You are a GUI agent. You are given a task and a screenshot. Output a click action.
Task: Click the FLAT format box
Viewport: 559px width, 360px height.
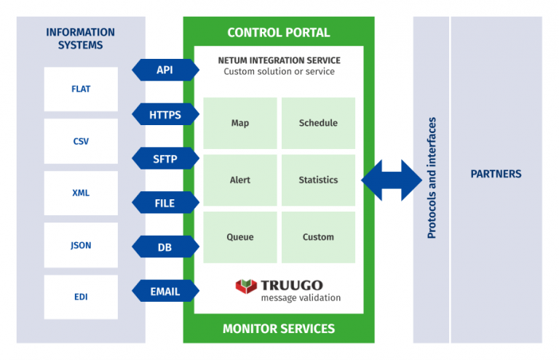(x=81, y=89)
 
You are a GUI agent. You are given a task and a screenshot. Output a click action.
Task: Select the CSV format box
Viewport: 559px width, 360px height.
(x=81, y=142)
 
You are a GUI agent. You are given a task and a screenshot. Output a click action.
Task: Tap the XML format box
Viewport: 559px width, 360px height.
(x=81, y=193)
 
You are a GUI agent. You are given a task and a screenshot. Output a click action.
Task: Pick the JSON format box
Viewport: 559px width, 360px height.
(x=81, y=245)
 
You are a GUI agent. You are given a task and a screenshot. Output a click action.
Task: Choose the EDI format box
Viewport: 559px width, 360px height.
(x=81, y=297)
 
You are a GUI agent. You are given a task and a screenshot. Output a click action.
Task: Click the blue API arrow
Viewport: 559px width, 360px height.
(x=165, y=70)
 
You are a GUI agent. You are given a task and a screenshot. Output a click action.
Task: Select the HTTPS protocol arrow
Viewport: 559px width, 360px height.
(x=165, y=115)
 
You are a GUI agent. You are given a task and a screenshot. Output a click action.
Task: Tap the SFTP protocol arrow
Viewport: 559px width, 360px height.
(x=165, y=159)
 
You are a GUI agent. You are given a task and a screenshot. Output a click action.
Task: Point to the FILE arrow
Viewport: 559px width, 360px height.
(x=165, y=203)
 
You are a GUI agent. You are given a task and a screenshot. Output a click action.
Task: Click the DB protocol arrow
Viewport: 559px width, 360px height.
(x=165, y=247)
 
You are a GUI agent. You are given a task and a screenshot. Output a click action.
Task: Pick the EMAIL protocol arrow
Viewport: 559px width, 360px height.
(x=165, y=292)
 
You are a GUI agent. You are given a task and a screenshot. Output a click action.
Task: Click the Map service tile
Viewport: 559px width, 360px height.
(x=240, y=123)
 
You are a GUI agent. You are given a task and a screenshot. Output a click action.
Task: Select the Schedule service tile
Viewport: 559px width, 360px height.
(x=318, y=123)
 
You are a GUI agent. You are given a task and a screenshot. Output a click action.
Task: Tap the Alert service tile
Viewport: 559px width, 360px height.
(x=240, y=180)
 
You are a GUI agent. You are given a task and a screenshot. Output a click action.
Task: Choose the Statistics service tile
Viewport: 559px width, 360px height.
(x=318, y=180)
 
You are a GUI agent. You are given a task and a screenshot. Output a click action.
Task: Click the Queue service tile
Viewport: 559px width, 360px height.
(x=240, y=237)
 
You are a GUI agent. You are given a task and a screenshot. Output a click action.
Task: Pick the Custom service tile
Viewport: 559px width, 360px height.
(x=318, y=237)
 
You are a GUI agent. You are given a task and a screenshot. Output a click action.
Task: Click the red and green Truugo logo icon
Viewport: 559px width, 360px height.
(x=246, y=286)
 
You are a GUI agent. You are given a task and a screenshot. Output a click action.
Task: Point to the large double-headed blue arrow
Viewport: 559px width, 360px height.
(x=391, y=180)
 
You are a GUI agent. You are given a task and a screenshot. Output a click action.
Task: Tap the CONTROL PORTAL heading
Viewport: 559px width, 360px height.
(x=279, y=33)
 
